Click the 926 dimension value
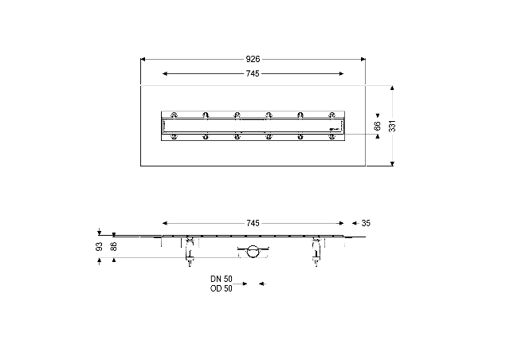click(x=253, y=59)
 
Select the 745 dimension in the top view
click(x=253, y=74)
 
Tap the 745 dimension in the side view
click(x=253, y=223)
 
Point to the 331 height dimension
click(x=393, y=126)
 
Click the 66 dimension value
click(x=377, y=126)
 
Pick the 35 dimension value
click(x=366, y=223)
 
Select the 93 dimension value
click(x=100, y=246)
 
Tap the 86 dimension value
click(x=114, y=246)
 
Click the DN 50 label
click(x=222, y=279)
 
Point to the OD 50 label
click(x=222, y=288)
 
